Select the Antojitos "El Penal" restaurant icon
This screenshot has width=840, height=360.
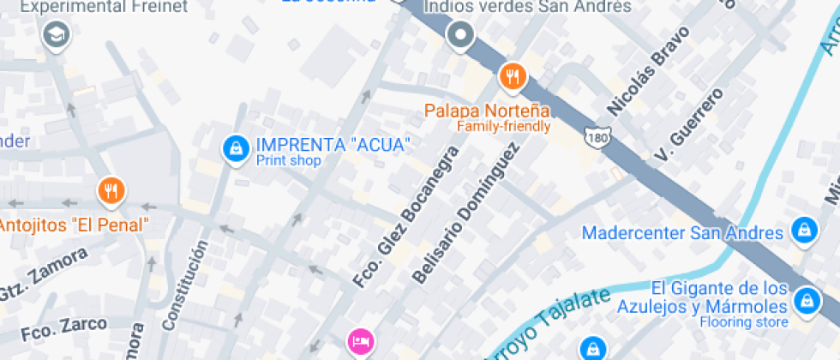(x=111, y=191)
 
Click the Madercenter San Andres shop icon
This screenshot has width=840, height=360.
(x=803, y=230)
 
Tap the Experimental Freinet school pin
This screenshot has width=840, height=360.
(x=56, y=35)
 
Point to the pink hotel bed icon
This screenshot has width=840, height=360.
(x=360, y=341)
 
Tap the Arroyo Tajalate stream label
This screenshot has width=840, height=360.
(x=549, y=325)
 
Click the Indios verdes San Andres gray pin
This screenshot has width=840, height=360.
(x=461, y=35)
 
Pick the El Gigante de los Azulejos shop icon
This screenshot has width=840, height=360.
(x=806, y=300)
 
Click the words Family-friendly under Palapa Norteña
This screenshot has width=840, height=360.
(x=503, y=126)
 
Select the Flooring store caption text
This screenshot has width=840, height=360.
(x=743, y=322)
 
